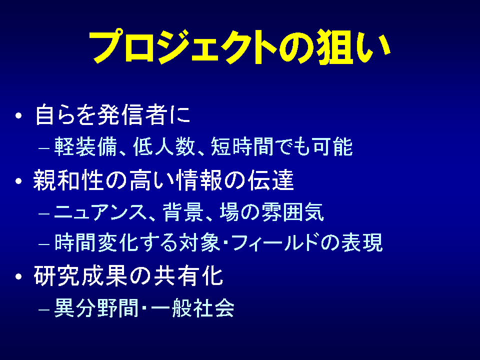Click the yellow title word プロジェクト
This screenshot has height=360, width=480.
coord(183,47)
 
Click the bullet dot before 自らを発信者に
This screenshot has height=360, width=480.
coord(18,115)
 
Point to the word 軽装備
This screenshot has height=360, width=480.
coord(85,146)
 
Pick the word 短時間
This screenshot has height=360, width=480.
coord(242,146)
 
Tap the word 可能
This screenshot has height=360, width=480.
coord(333,146)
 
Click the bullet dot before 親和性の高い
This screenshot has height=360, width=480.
coord(18,181)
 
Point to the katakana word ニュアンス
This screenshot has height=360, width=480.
coord(101,212)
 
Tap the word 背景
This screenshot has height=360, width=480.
coord(183,212)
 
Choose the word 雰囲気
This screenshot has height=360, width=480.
coord(293,212)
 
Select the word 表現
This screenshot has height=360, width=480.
coord(362,242)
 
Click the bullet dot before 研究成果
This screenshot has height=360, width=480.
coord(18,276)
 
